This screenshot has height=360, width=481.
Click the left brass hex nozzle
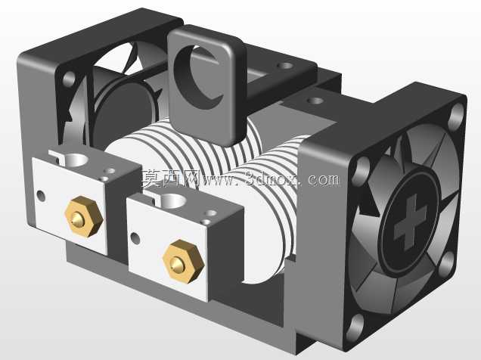(x=84, y=216)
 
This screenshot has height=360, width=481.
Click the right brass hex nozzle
(x=184, y=261)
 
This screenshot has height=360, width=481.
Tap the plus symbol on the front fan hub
(x=410, y=222)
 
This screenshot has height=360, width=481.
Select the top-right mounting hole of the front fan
(x=457, y=115)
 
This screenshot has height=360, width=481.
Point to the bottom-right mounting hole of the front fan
(x=447, y=263)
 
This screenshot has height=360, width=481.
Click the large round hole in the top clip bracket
(x=198, y=76)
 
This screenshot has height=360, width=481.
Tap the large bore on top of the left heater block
(x=76, y=160)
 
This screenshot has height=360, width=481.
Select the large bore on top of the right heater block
(x=172, y=200)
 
